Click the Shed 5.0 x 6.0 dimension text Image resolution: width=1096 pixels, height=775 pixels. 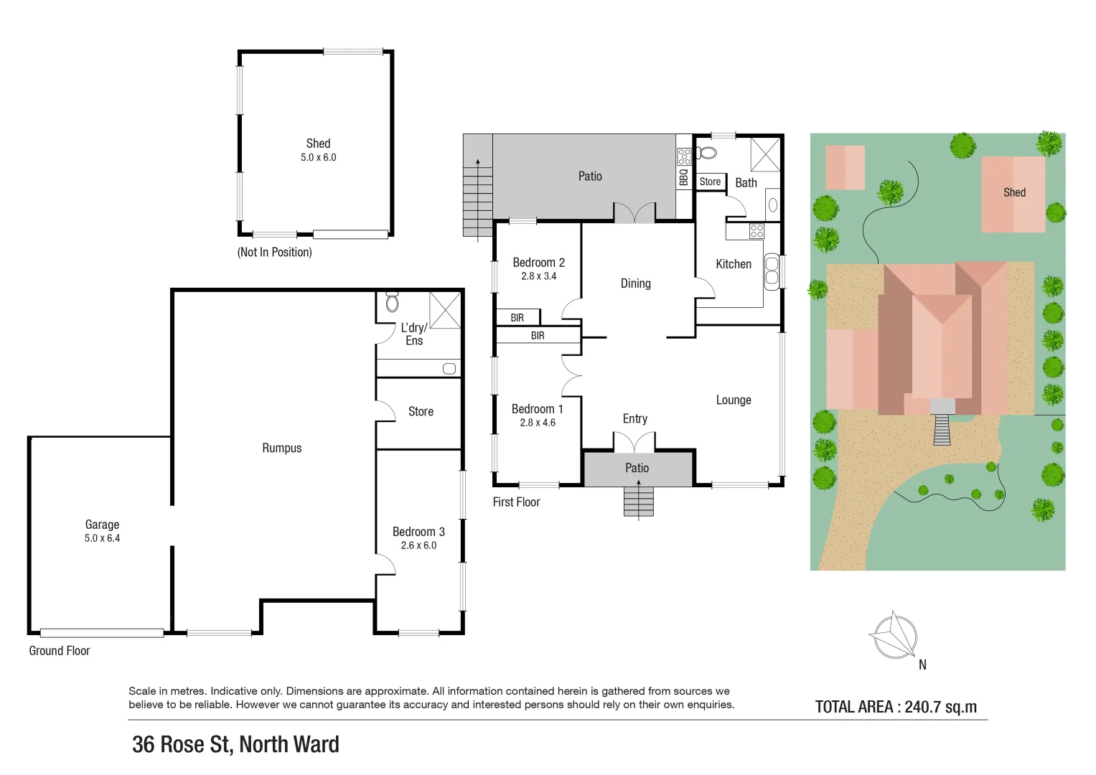point(318,158)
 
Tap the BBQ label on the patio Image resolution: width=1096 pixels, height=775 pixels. point(684,177)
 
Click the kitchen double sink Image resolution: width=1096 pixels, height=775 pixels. point(772,271)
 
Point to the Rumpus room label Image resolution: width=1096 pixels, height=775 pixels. point(282,448)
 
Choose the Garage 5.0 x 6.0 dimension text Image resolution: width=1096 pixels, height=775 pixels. point(102,538)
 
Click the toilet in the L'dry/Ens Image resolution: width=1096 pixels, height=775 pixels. point(392,302)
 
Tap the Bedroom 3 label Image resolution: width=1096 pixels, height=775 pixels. point(418,532)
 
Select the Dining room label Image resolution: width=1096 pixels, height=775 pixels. point(635,283)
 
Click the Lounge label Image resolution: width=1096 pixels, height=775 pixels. point(734,400)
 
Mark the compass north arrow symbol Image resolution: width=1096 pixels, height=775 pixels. point(894,635)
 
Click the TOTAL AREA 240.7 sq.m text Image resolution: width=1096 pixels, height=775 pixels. point(896,707)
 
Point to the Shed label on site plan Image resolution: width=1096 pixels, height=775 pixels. point(1014,192)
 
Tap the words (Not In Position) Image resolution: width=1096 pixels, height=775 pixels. point(275,253)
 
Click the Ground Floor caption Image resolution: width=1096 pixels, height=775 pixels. point(60,651)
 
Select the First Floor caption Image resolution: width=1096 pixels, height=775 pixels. point(516,502)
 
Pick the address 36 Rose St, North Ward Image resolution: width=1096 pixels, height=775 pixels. point(235,745)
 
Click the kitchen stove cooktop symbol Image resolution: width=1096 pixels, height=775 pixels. point(757,231)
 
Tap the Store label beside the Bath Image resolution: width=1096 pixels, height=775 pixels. point(710,182)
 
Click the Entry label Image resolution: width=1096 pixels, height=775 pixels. point(635,418)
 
